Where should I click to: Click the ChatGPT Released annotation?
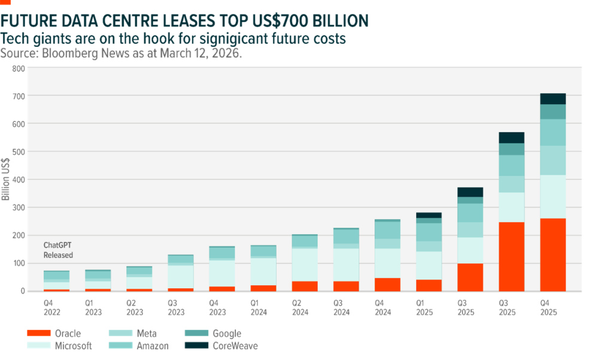58,250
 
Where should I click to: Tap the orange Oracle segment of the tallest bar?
553,255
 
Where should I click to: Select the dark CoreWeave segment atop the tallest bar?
553,99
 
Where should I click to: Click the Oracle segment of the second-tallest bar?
511,256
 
